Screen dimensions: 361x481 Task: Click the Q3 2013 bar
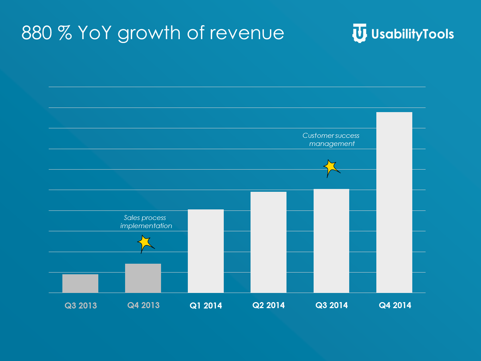(x=80, y=283)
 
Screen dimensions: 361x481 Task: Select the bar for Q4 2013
(x=143, y=278)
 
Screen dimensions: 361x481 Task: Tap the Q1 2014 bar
(x=206, y=251)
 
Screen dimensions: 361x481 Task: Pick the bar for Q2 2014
(x=269, y=242)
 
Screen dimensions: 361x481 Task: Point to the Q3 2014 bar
(x=331, y=241)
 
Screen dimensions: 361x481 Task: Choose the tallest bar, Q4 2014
(x=394, y=202)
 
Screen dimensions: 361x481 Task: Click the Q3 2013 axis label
(x=81, y=306)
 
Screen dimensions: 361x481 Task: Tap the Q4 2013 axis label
(x=143, y=305)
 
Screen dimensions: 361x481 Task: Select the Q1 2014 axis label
(x=206, y=306)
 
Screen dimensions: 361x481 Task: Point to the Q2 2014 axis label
(x=269, y=305)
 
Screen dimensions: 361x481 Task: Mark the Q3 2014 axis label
(x=332, y=305)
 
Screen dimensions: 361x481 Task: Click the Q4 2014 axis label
(x=395, y=305)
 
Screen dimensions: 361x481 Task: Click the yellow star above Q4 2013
(x=145, y=243)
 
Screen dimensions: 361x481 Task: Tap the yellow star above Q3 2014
(x=331, y=167)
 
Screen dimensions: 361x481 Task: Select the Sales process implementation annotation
(x=146, y=222)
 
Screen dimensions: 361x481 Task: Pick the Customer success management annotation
(x=331, y=140)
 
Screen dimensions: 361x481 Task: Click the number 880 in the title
(x=37, y=33)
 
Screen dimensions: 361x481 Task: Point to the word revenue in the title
(x=247, y=33)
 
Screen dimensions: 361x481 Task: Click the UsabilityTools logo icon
(x=359, y=33)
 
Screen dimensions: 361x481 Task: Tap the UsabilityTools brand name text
(x=413, y=34)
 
